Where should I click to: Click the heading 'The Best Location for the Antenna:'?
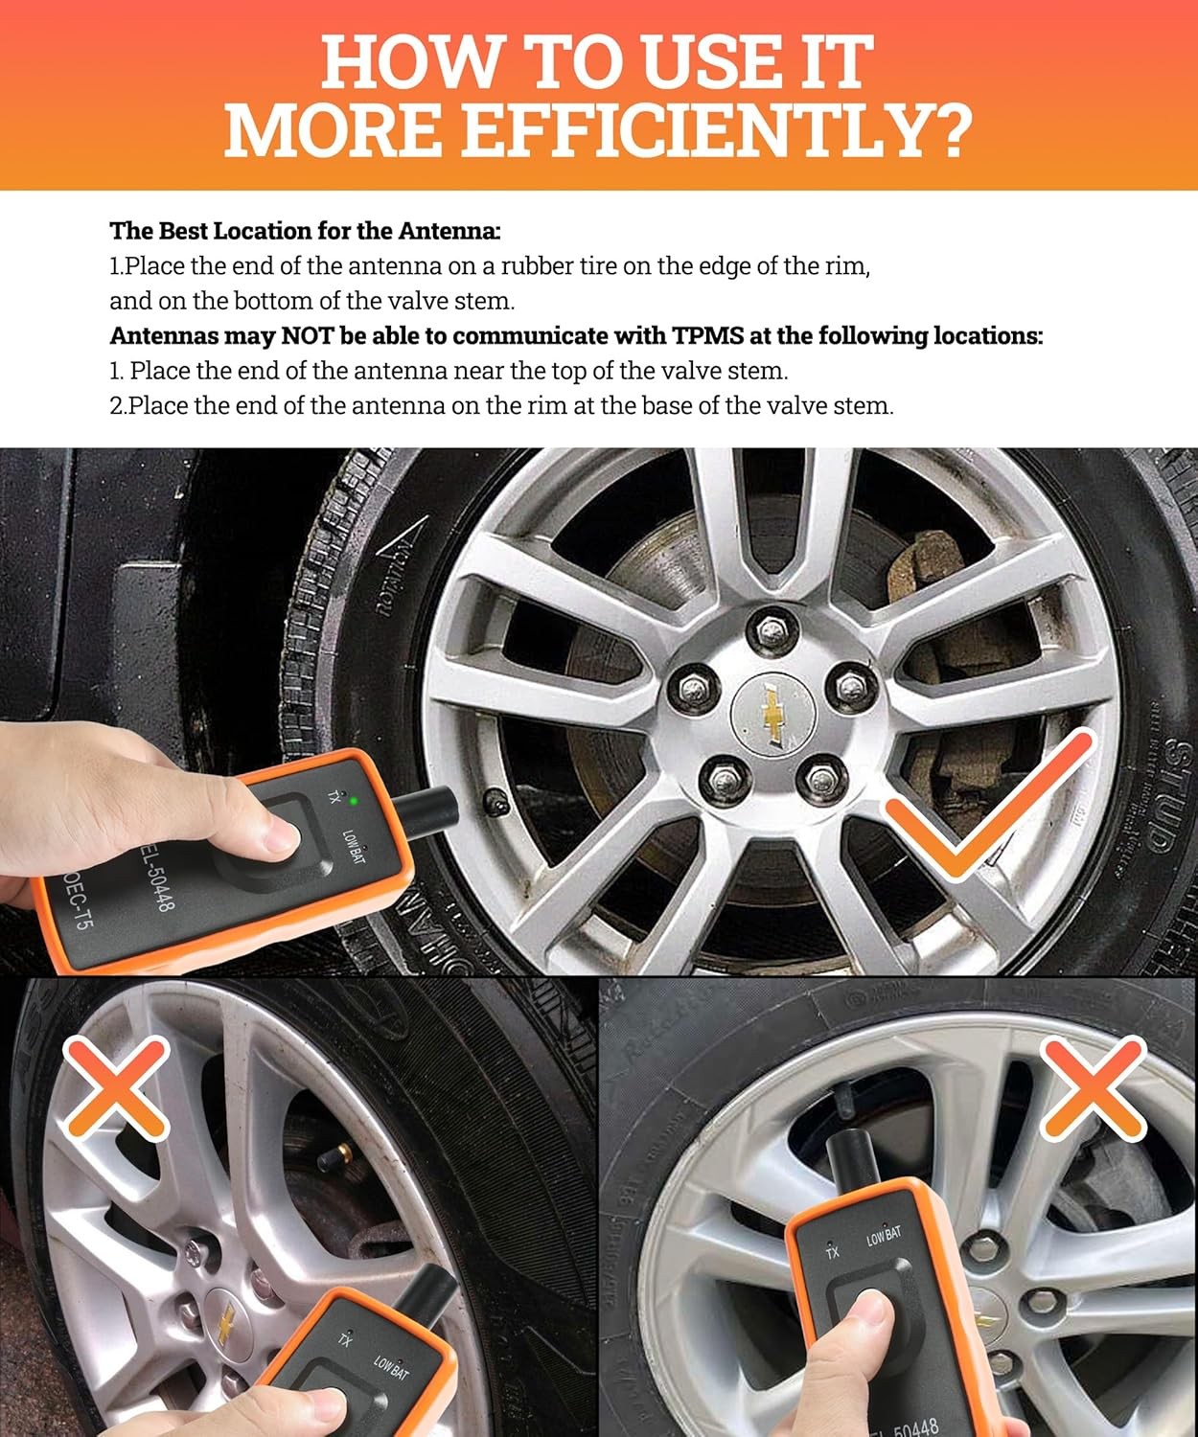click(306, 231)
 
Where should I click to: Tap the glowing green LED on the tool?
click(355, 798)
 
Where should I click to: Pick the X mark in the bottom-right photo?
click(1094, 1087)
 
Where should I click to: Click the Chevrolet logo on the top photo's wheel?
click(772, 714)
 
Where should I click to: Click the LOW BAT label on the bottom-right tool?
click(884, 1235)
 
